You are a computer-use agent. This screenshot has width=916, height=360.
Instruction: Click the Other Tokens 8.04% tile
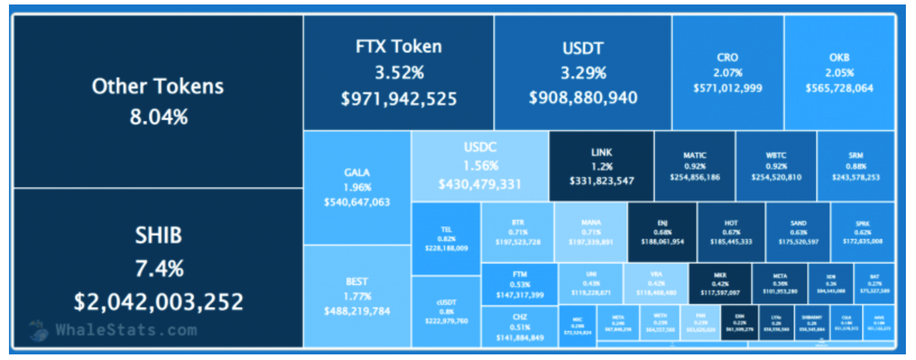pos(158,101)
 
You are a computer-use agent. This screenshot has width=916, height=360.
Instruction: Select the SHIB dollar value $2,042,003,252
pos(159,302)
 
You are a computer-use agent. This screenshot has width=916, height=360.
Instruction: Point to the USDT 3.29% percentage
pos(583,73)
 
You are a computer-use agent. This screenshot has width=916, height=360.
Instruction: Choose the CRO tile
pos(727,73)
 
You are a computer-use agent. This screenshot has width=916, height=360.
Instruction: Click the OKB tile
pos(839,73)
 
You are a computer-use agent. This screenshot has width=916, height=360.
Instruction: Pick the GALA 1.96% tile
pos(357,187)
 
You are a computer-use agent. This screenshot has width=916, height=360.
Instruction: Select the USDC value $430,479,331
pos(480,184)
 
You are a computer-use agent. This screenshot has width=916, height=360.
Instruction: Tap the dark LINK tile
pos(602,167)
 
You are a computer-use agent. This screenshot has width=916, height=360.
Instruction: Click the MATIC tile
pos(695,167)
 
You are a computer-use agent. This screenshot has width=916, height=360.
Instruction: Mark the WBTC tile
pos(776,167)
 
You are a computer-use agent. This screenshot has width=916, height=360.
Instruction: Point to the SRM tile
pos(855,167)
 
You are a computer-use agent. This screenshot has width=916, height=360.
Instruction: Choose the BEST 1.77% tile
pos(357,296)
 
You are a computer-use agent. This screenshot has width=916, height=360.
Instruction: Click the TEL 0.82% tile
pos(446,239)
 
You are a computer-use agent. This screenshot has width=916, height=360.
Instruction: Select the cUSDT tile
pos(446,312)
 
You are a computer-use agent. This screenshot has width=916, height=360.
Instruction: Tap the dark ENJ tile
pos(662,232)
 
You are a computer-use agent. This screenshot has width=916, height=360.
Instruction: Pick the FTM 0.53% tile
pos(520,284)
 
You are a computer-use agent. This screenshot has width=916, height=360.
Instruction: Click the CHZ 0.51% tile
pos(520,327)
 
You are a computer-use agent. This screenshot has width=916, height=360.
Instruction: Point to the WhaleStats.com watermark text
pos(126,330)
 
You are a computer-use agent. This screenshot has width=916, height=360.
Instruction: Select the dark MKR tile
pos(720,284)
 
